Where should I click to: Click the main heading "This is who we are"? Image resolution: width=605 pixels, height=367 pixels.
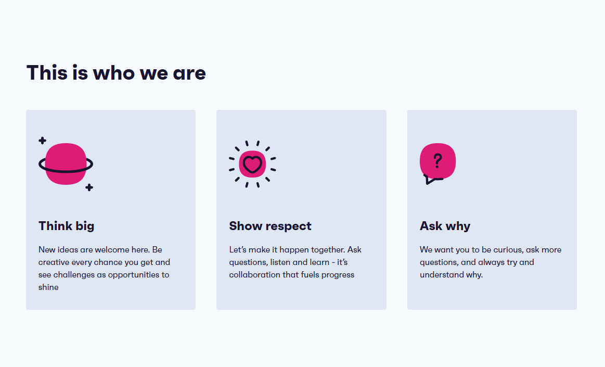116,72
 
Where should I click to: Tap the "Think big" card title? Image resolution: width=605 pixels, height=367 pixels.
67,226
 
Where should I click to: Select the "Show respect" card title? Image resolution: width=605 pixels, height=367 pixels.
270,226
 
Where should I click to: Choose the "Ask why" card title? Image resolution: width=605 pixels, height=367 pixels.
445,226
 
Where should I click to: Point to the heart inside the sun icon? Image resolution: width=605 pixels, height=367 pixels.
252,164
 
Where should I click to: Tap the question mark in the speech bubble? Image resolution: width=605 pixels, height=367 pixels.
437,160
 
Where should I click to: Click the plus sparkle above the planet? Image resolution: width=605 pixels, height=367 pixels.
43,141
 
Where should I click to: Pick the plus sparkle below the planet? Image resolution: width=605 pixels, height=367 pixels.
89,187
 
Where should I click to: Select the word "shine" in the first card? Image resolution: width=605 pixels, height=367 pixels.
48,287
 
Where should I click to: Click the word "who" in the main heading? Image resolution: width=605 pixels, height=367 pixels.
114,73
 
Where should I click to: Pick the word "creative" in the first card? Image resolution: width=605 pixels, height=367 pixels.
54,262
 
